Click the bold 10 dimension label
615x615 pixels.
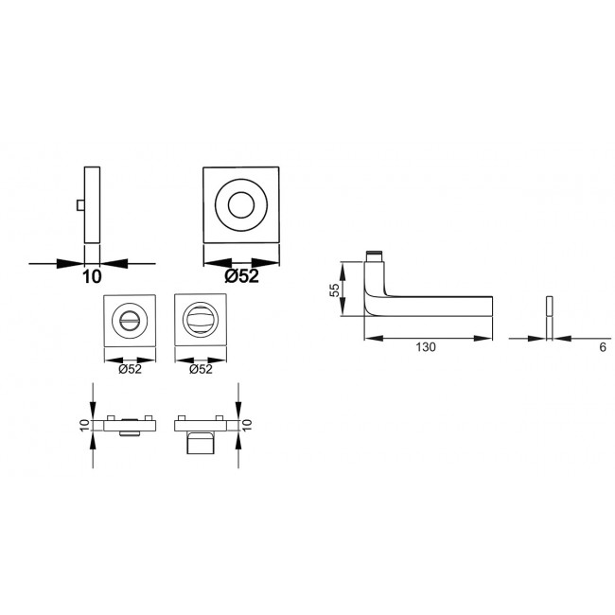pyautogui.click(x=92, y=277)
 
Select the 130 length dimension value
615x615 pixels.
pyautogui.click(x=425, y=347)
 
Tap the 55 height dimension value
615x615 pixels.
pyautogui.click(x=334, y=291)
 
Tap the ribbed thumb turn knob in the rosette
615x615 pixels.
pyautogui.click(x=201, y=322)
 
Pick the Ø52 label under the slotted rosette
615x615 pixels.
pyautogui.click(x=130, y=369)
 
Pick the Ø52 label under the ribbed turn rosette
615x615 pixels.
pyautogui.click(x=200, y=369)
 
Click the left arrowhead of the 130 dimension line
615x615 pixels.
pyautogui.click(x=369, y=337)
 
